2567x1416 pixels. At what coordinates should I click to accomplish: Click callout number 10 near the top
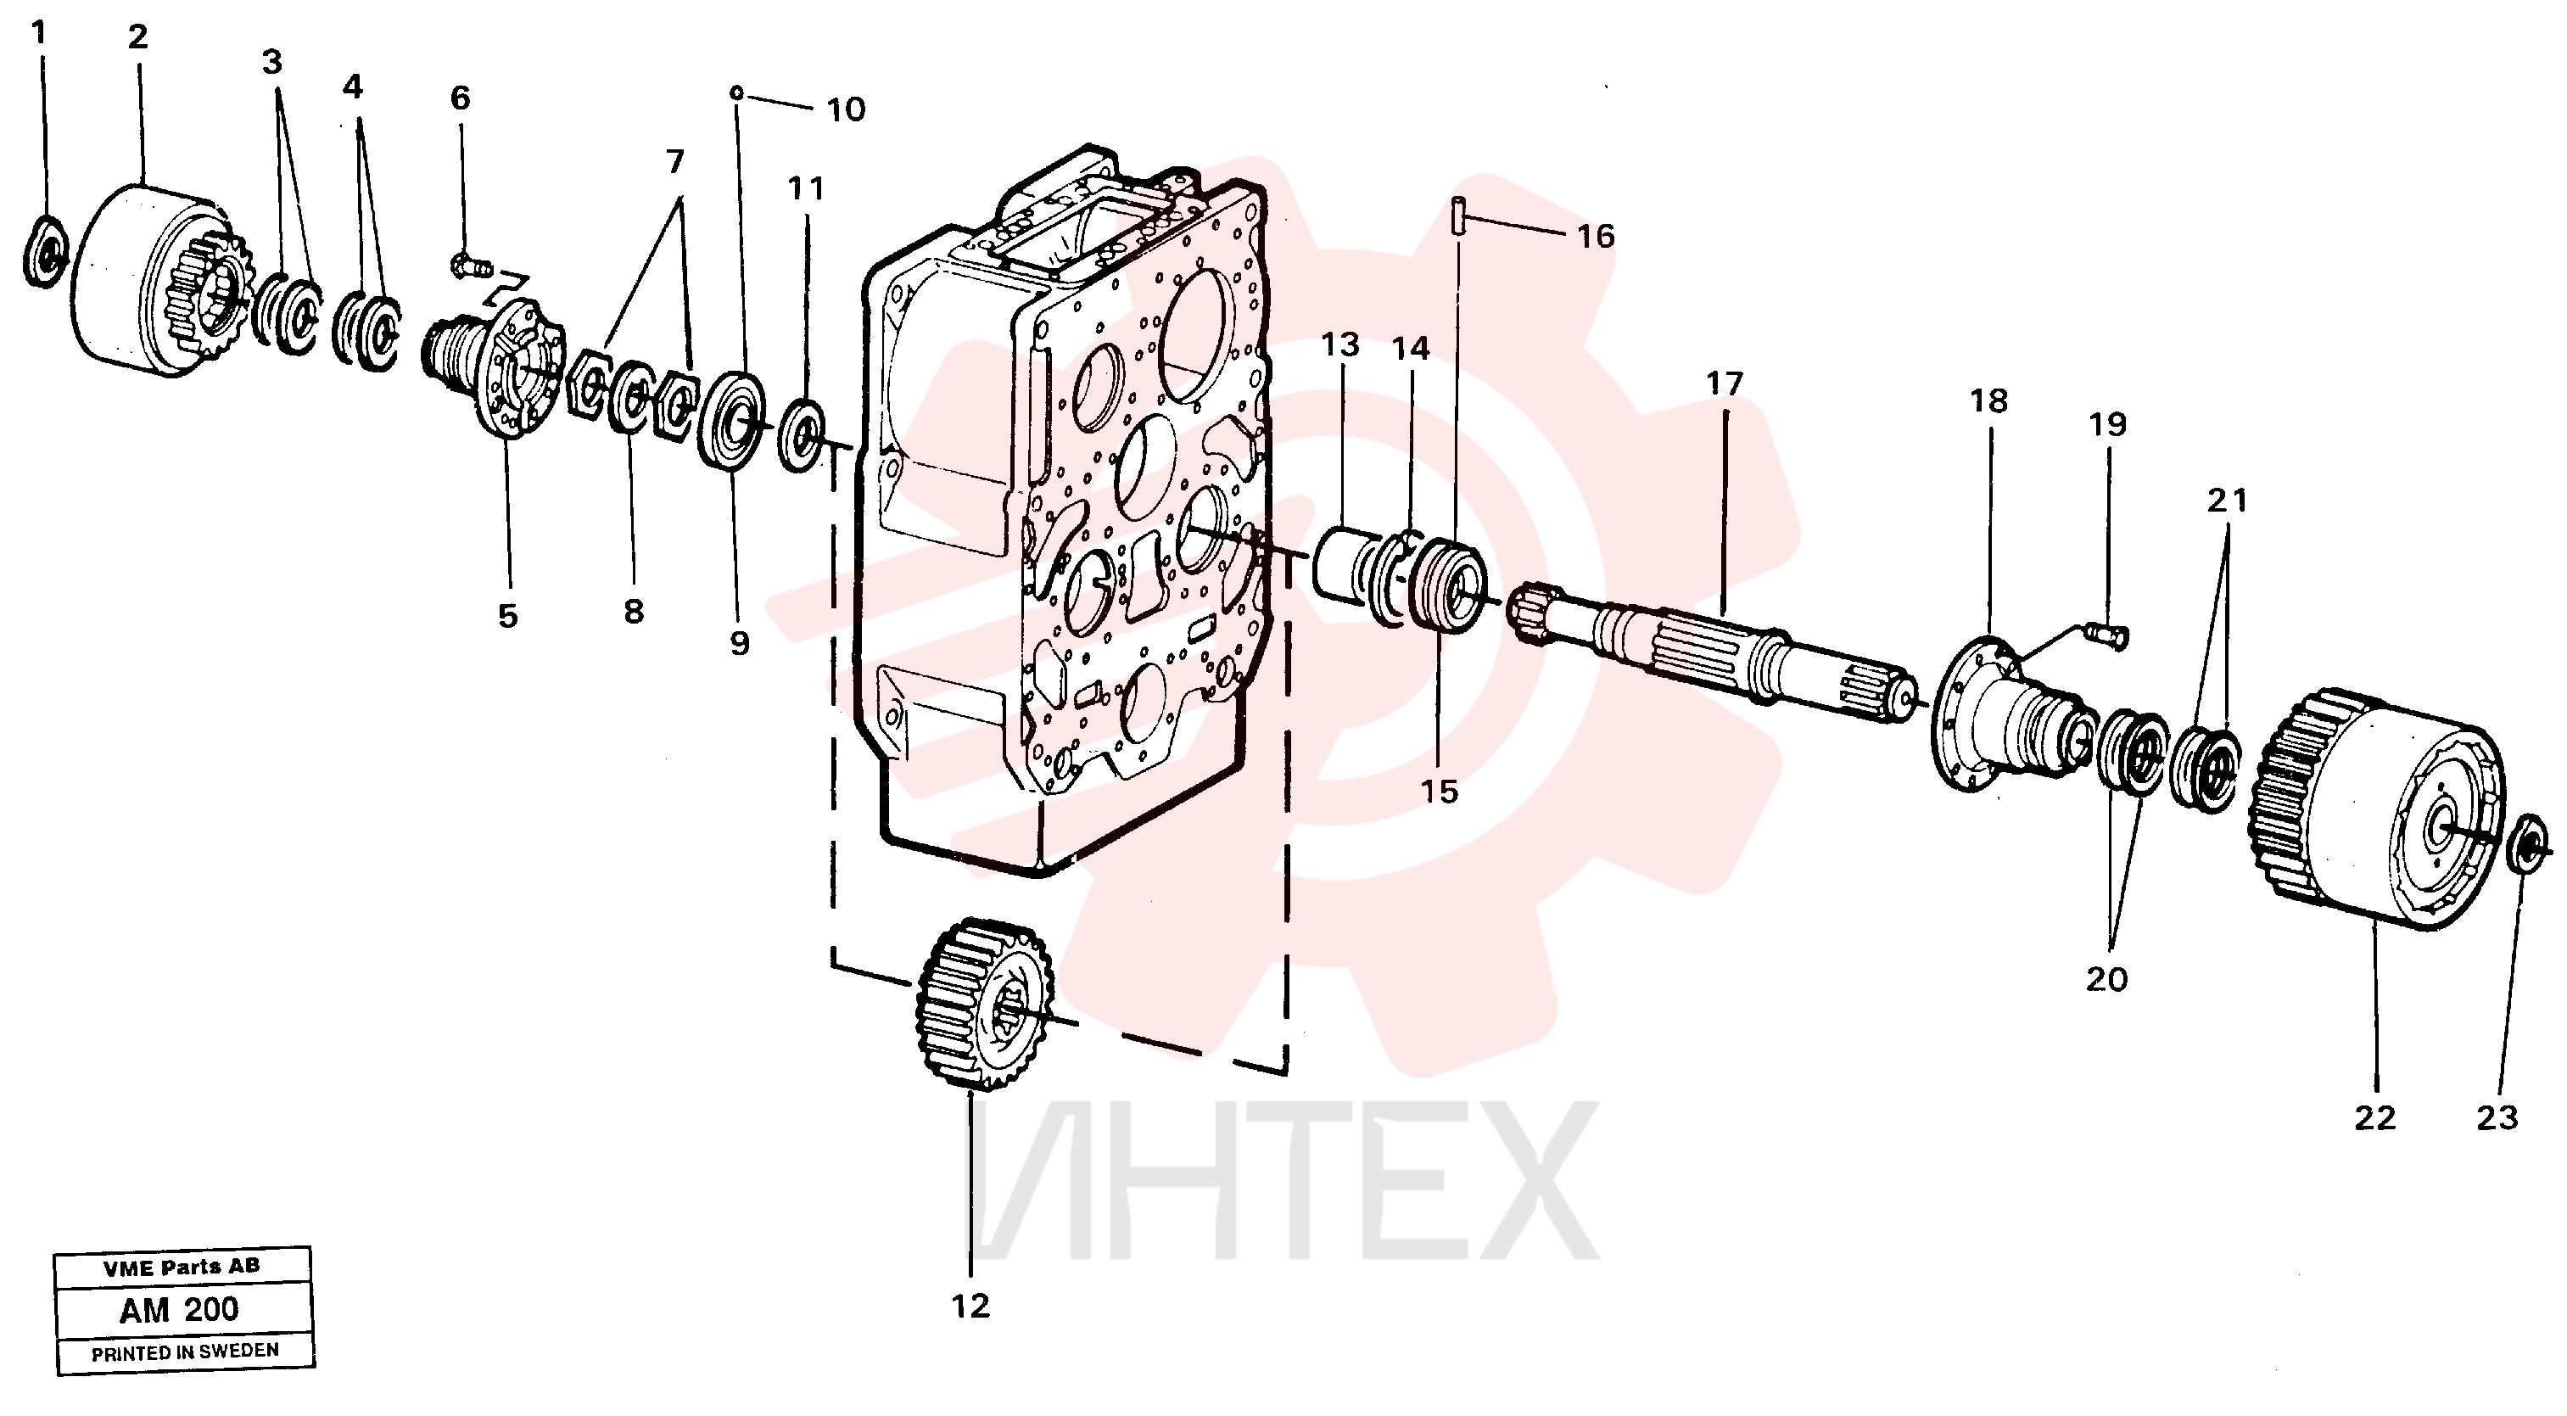(846, 109)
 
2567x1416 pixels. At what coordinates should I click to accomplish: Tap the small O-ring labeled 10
(736, 92)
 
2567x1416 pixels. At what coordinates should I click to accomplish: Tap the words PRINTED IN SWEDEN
(185, 1352)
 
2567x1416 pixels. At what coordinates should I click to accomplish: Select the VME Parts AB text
(182, 1268)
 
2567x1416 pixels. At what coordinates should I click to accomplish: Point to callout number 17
(1724, 383)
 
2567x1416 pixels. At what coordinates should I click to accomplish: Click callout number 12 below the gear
(970, 1306)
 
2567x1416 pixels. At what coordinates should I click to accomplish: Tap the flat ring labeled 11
(803, 434)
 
